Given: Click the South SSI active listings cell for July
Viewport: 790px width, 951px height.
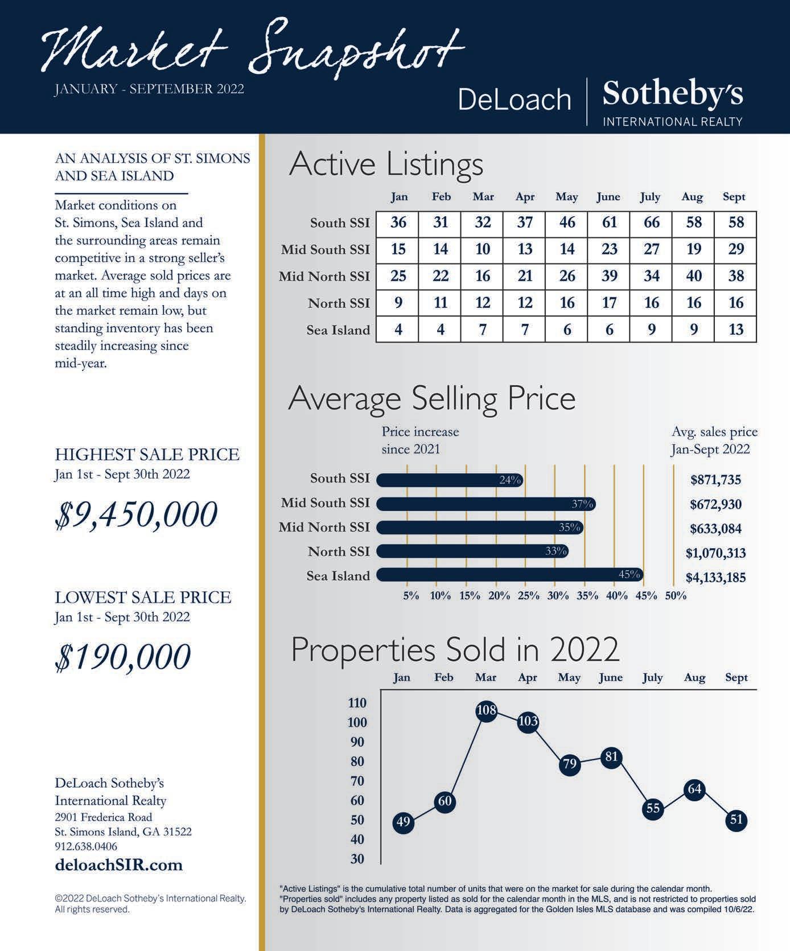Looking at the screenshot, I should coord(651,222).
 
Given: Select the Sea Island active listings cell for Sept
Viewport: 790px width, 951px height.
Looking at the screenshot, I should coord(735,330).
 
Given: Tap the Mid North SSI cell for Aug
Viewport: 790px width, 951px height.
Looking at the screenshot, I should coord(693,276).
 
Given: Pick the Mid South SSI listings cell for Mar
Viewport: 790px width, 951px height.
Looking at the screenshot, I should coord(483,249).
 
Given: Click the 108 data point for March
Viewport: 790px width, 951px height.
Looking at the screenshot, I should coord(486,711).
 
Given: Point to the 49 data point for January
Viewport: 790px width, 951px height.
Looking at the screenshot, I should coord(403,822).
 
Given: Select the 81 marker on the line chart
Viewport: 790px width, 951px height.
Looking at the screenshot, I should coord(611,757).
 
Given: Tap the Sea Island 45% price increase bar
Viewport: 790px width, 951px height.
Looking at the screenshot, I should coord(510,575).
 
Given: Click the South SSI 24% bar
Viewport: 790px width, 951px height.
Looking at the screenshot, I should coord(450,480).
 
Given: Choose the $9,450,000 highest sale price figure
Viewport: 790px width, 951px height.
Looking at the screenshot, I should coord(136,515).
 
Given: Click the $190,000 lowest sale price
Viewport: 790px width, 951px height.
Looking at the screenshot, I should coord(123,657).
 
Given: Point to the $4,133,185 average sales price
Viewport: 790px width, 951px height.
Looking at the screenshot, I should coord(715,578).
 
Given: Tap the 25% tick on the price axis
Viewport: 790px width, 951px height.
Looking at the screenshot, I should coord(528,596).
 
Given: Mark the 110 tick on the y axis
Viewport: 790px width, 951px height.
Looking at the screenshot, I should coord(357,703).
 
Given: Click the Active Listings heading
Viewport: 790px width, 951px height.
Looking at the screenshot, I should coord(386,164).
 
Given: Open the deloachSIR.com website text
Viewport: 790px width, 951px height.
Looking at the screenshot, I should coord(118,865).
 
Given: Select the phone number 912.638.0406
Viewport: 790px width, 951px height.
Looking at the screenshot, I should coord(86,846).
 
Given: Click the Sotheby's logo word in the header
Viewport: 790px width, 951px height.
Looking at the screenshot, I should coord(673,94).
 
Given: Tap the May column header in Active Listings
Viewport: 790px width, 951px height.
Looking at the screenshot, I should coord(566,197).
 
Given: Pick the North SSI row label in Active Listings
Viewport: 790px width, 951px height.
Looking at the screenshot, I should coord(339,303).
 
